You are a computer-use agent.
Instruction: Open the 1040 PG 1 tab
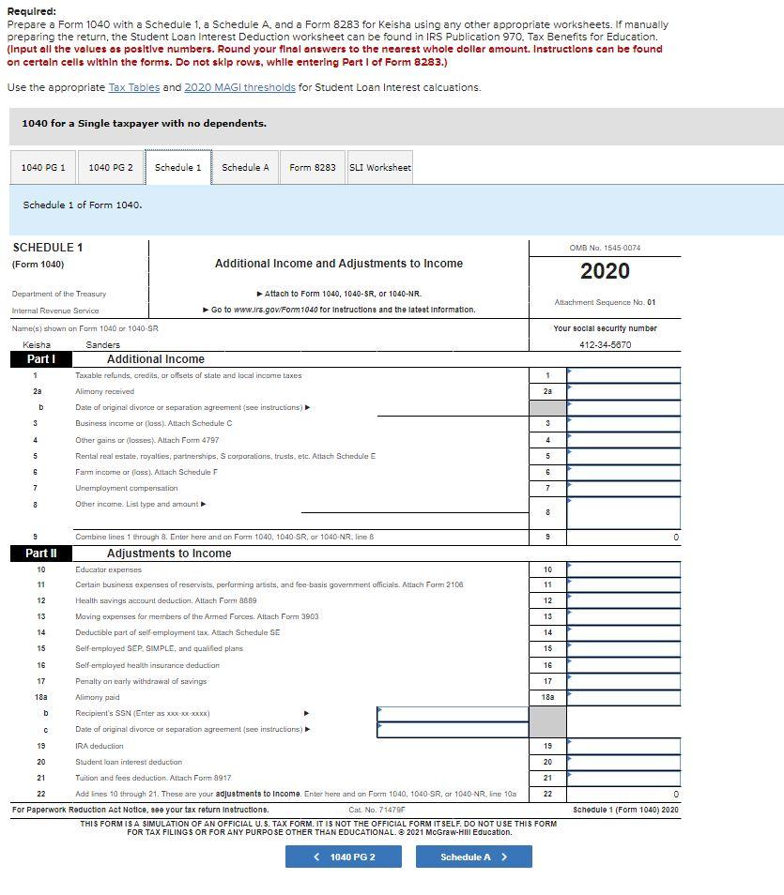(43, 168)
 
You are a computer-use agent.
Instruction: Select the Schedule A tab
(245, 168)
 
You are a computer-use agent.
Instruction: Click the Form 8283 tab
(312, 168)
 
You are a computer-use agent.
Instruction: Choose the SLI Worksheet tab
(380, 168)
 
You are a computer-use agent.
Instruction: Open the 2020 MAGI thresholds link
(238, 87)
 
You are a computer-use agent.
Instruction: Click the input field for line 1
(623, 375)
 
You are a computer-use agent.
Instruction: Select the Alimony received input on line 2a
(623, 391)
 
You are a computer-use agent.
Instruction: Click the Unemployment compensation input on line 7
(623, 488)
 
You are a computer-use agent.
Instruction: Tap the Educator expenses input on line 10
(623, 569)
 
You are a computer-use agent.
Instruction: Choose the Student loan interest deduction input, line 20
(623, 762)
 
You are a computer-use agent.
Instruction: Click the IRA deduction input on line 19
(623, 746)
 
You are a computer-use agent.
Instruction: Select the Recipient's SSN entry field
(452, 713)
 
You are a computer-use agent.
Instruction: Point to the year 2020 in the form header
(605, 271)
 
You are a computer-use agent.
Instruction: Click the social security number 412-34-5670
(605, 344)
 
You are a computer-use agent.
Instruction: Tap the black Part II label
(41, 554)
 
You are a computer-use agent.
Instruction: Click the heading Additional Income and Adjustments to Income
(338, 264)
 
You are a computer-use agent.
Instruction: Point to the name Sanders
(102, 344)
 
